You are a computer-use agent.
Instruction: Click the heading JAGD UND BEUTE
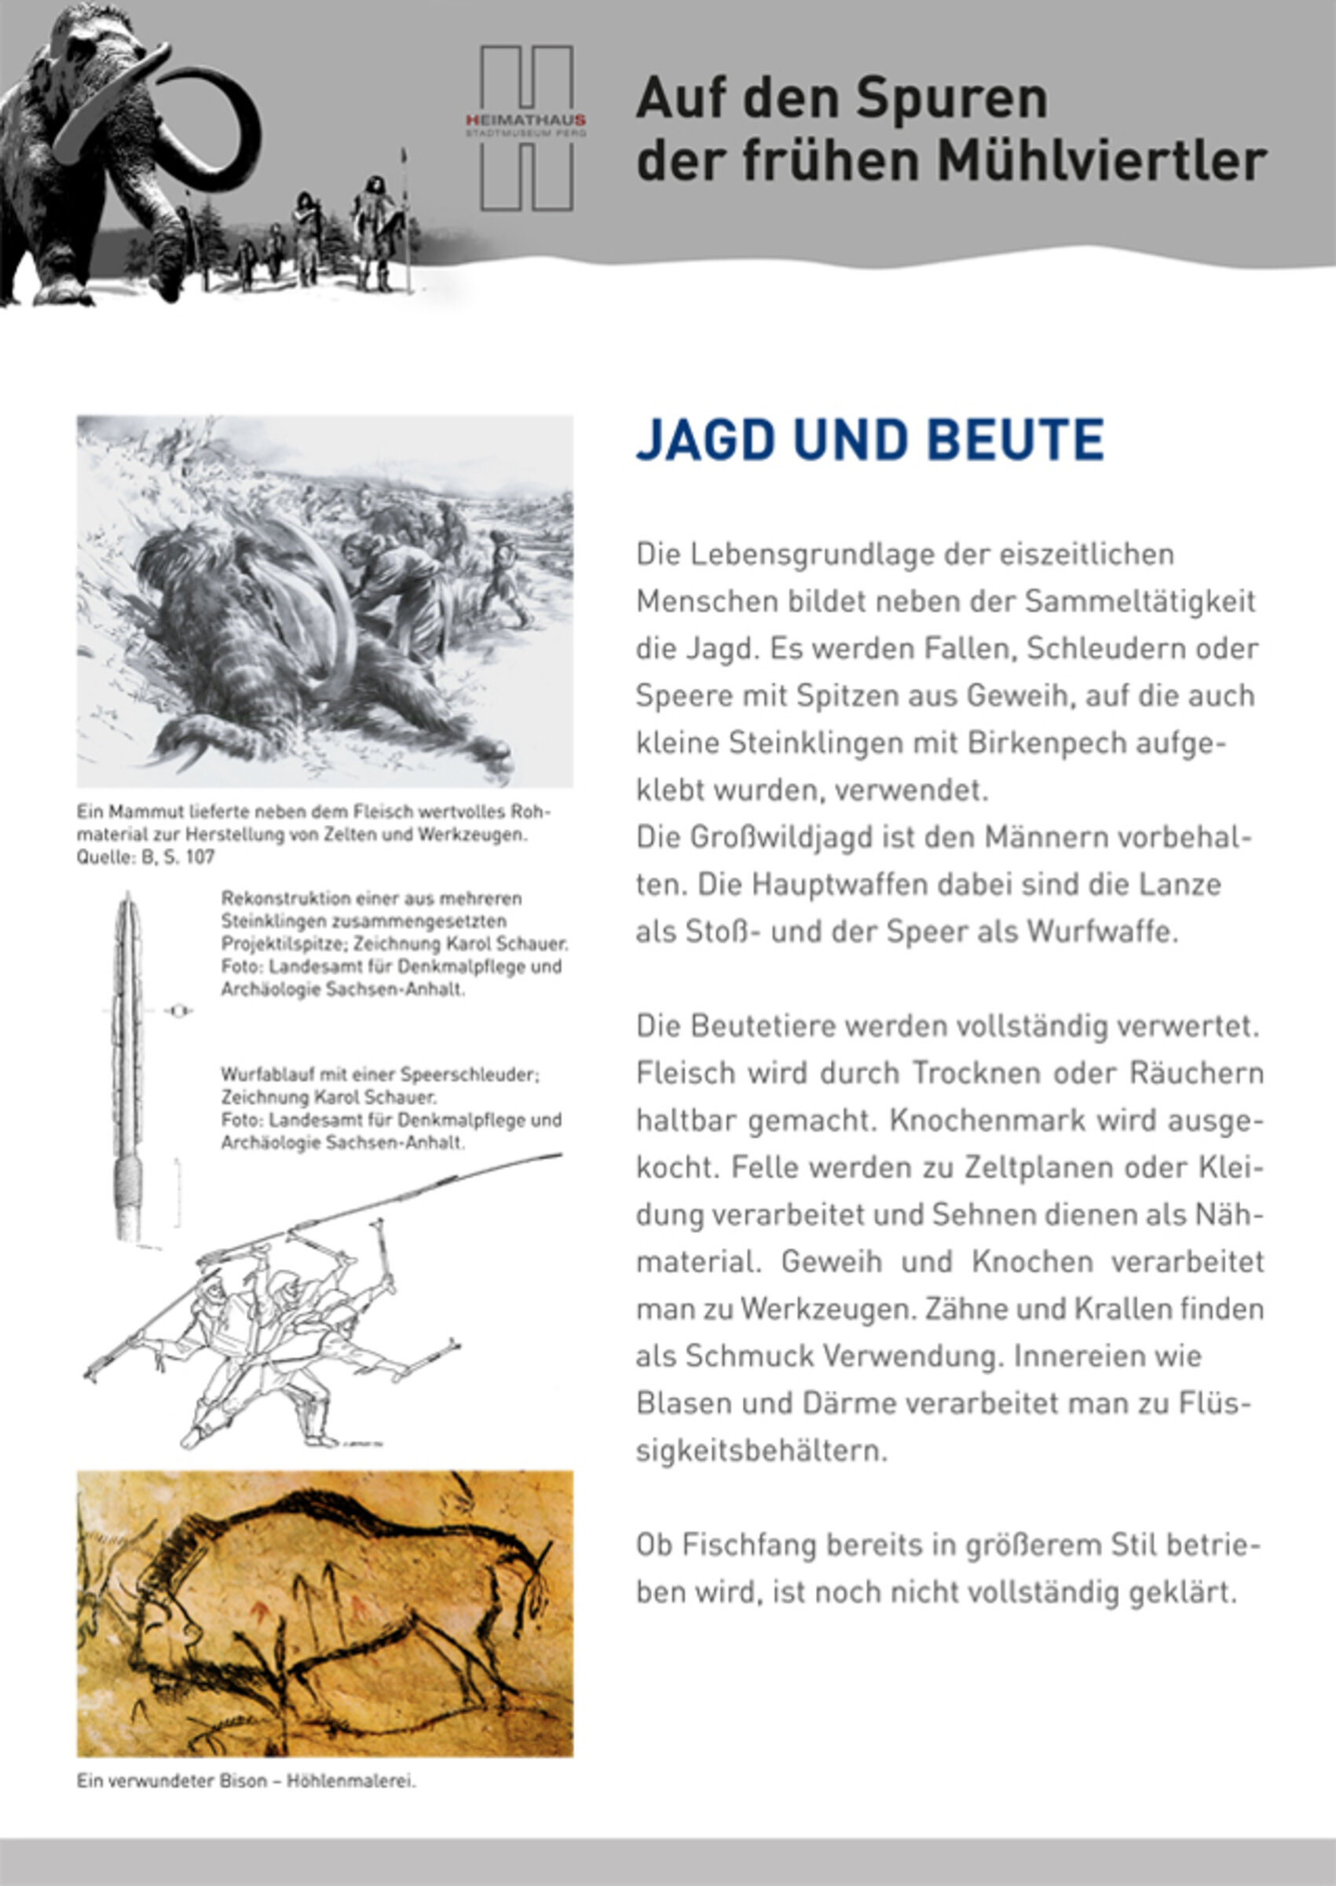click(x=869, y=440)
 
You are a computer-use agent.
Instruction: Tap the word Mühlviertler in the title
click(x=1103, y=161)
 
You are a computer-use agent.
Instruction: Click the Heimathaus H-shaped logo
click(x=526, y=127)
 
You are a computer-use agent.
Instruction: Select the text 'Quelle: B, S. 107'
click(x=145, y=857)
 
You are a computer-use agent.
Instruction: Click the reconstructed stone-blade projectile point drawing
click(x=127, y=1070)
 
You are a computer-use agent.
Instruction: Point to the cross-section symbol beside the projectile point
click(x=178, y=1011)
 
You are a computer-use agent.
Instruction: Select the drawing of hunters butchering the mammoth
click(x=325, y=600)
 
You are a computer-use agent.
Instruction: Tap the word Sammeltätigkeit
click(x=1140, y=601)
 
